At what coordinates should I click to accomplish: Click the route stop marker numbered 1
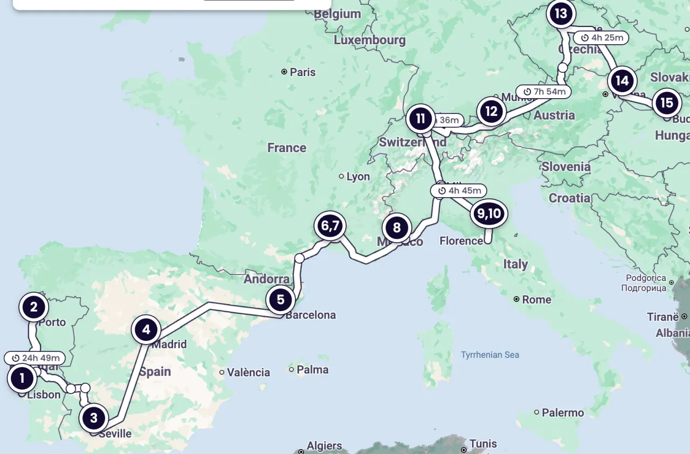tap(22, 379)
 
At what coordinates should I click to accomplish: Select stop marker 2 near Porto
tap(34, 307)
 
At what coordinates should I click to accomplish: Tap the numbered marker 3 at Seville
tap(94, 418)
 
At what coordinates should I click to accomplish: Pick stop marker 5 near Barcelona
tap(280, 299)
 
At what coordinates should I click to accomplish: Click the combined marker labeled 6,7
tap(330, 226)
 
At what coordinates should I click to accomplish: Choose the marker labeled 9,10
tap(488, 214)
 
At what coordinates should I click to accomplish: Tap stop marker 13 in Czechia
tap(561, 13)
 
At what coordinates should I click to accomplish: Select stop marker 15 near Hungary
tap(666, 102)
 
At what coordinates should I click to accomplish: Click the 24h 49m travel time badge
tap(35, 358)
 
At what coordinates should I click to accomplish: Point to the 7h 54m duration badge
tap(544, 92)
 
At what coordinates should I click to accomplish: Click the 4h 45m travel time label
tap(459, 190)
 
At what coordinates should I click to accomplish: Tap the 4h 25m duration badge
tap(601, 38)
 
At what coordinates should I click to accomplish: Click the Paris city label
tap(302, 72)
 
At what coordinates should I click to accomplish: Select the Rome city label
tap(536, 299)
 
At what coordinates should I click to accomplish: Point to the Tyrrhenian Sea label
tap(489, 355)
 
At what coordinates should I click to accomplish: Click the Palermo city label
tap(563, 412)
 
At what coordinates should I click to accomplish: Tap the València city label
tap(248, 372)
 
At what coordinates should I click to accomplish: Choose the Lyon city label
tap(358, 176)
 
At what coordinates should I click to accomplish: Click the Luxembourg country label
tap(369, 40)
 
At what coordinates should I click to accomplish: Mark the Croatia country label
tap(569, 198)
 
